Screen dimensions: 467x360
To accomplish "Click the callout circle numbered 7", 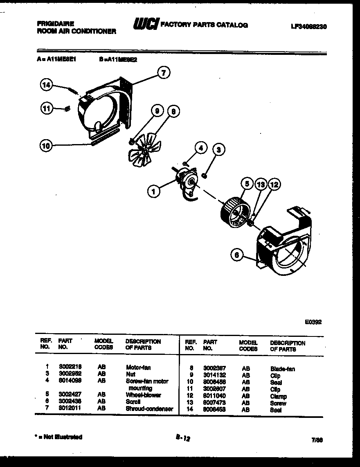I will [x=164, y=73].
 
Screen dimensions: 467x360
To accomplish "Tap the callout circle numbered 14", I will [x=46, y=85].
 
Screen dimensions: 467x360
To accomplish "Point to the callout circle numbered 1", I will [x=154, y=191].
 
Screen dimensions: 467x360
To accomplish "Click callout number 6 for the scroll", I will [x=236, y=255].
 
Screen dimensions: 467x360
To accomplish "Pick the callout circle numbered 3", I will [x=219, y=150].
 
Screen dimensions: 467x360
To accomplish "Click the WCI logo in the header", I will [x=145, y=25].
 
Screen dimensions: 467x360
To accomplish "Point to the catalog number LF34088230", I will [x=308, y=26].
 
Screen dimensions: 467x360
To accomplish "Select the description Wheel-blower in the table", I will [x=143, y=395].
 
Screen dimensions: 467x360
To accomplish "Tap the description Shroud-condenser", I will [x=149, y=408].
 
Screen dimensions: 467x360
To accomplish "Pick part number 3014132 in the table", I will [x=214, y=375].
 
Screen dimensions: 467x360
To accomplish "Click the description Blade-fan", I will [x=282, y=369].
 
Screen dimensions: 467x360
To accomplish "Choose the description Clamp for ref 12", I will [x=278, y=396].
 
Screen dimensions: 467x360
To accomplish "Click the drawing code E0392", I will [x=313, y=322].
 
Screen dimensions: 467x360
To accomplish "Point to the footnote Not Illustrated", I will [x=59, y=437].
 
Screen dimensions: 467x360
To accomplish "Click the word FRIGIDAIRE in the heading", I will [x=53, y=24].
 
